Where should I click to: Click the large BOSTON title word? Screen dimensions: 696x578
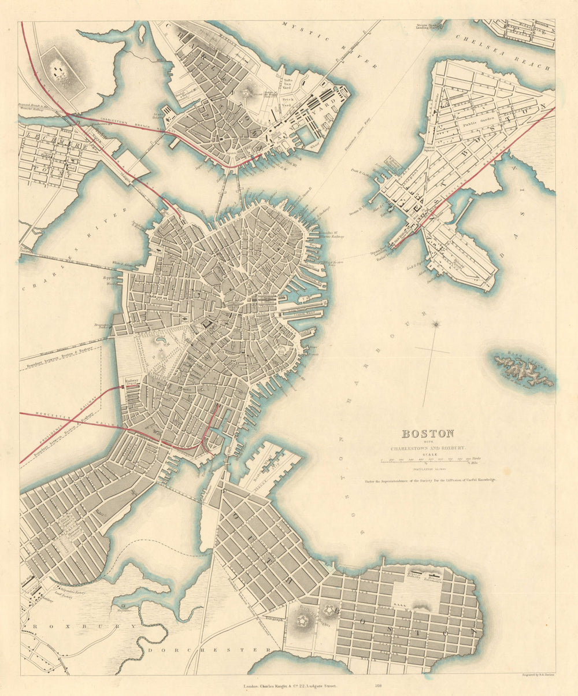(428, 434)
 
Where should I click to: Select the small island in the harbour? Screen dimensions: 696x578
(523, 369)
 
